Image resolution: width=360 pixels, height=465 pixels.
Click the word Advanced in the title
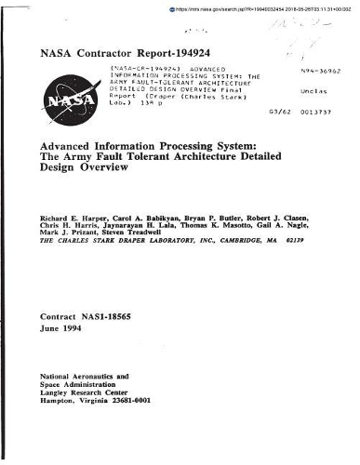point(65,145)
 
